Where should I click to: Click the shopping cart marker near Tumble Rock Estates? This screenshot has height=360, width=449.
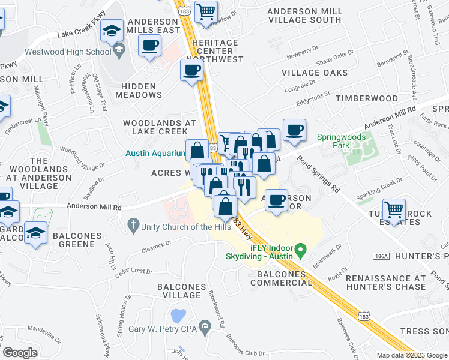pos(394,211)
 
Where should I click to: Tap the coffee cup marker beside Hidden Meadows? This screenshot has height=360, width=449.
pos(149,45)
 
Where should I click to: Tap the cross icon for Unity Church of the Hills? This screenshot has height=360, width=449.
pos(133,227)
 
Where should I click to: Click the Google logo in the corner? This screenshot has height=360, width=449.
pos(20,353)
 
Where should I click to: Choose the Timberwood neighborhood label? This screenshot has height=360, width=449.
pos(360,98)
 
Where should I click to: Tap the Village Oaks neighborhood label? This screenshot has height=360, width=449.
pos(315,73)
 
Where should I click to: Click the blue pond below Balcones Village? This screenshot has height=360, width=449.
pos(178,315)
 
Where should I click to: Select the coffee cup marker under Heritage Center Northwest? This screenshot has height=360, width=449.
pos(191,70)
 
